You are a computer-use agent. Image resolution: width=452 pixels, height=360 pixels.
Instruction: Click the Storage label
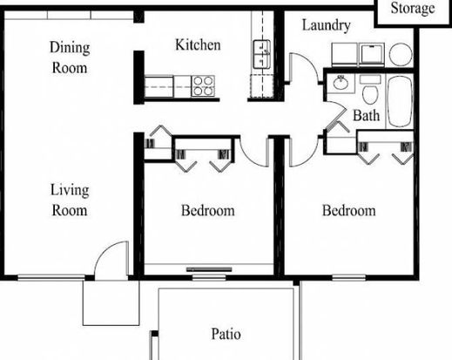click(413, 9)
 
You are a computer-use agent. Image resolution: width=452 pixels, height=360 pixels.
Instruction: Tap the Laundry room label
click(327, 25)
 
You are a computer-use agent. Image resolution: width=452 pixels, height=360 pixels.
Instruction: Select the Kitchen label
click(198, 45)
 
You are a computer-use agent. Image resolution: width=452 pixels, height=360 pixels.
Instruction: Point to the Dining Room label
click(70, 58)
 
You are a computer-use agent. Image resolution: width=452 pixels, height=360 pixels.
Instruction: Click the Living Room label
click(70, 200)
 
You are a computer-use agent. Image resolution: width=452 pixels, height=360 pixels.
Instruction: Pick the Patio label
click(226, 334)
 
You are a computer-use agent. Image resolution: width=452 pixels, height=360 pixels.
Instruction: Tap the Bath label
click(366, 115)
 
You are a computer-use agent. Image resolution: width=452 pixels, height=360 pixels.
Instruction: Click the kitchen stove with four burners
click(203, 86)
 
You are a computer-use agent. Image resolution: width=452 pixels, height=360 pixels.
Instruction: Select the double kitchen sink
click(262, 54)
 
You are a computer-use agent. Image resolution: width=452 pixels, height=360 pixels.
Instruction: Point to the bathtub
click(400, 101)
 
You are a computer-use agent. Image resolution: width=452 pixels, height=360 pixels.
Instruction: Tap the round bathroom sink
click(341, 83)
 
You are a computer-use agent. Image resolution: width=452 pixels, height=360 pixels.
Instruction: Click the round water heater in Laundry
click(401, 55)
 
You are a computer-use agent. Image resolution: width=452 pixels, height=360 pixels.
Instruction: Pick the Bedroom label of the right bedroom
click(349, 210)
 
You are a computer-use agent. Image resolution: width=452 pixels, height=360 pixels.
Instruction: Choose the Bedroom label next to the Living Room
click(208, 210)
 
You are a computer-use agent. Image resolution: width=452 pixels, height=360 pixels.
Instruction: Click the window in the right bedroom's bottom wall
click(348, 277)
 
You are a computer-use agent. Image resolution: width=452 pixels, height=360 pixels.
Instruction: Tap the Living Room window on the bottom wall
click(51, 277)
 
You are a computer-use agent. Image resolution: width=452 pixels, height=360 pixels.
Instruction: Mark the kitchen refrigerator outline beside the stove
click(159, 86)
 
